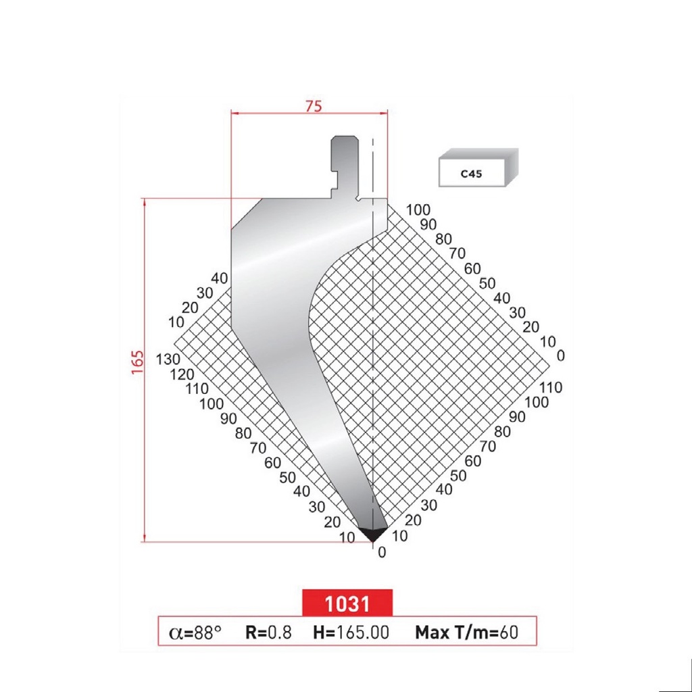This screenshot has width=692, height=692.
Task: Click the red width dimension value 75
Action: (312, 105)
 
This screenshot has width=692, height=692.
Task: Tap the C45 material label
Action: (471, 174)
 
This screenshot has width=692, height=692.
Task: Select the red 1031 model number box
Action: (347, 603)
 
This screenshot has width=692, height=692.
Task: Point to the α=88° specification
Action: (195, 633)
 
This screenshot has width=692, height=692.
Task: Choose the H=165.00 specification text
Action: (351, 633)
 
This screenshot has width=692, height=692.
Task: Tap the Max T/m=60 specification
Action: (466, 633)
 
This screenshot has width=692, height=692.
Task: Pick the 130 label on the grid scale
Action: (166, 359)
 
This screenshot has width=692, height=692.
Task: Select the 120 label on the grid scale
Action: (182, 374)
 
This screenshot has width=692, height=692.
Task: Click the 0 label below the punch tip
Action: (382, 553)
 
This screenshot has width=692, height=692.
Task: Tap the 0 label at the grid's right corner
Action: (560, 356)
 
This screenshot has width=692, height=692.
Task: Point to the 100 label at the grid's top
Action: (418, 210)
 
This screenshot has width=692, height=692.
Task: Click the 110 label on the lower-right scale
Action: (551, 387)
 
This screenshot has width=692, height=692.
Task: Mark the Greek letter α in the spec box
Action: (175, 633)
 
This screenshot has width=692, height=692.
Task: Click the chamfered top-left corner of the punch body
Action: (246, 212)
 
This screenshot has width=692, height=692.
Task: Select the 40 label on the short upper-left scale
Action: (220, 278)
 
